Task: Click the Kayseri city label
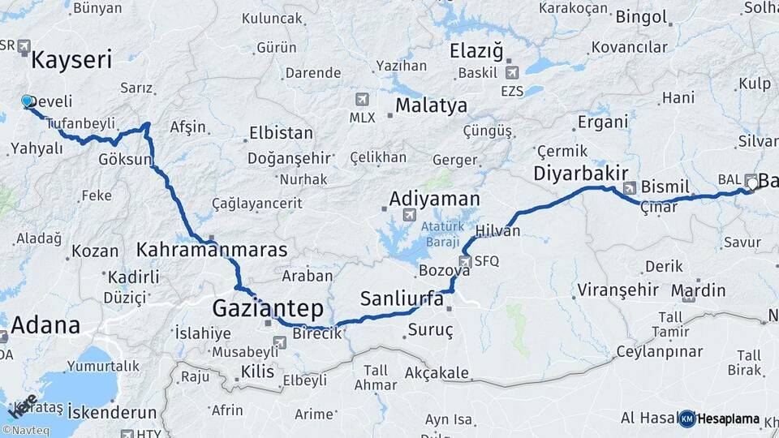(x=71, y=59)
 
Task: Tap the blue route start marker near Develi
(x=27, y=101)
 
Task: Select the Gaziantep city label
(x=267, y=308)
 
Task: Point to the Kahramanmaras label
(x=212, y=250)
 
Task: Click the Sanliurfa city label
(x=402, y=298)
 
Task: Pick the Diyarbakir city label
(x=581, y=173)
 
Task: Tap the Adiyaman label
(x=434, y=199)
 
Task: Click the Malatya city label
(x=431, y=105)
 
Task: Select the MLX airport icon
(x=361, y=100)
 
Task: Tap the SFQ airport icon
(x=465, y=261)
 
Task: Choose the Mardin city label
(x=698, y=290)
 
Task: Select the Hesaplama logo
(x=720, y=419)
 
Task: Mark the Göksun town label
(x=124, y=159)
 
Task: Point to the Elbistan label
(x=281, y=132)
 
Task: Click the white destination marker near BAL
(x=751, y=183)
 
